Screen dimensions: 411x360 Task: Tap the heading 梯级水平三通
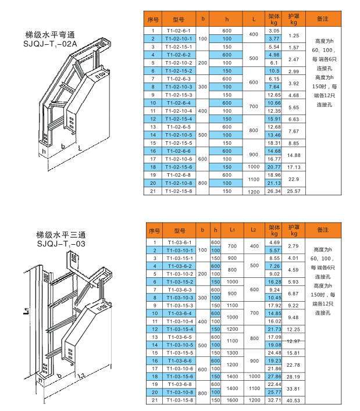pos(60,235)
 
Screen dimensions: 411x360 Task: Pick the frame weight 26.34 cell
pos(274,191)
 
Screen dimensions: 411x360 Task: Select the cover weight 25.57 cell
pos(294,191)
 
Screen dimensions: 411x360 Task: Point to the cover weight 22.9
pos(294,178)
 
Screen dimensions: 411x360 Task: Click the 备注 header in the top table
pos(323,19)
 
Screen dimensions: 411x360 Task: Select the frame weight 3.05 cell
pos(274,30)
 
